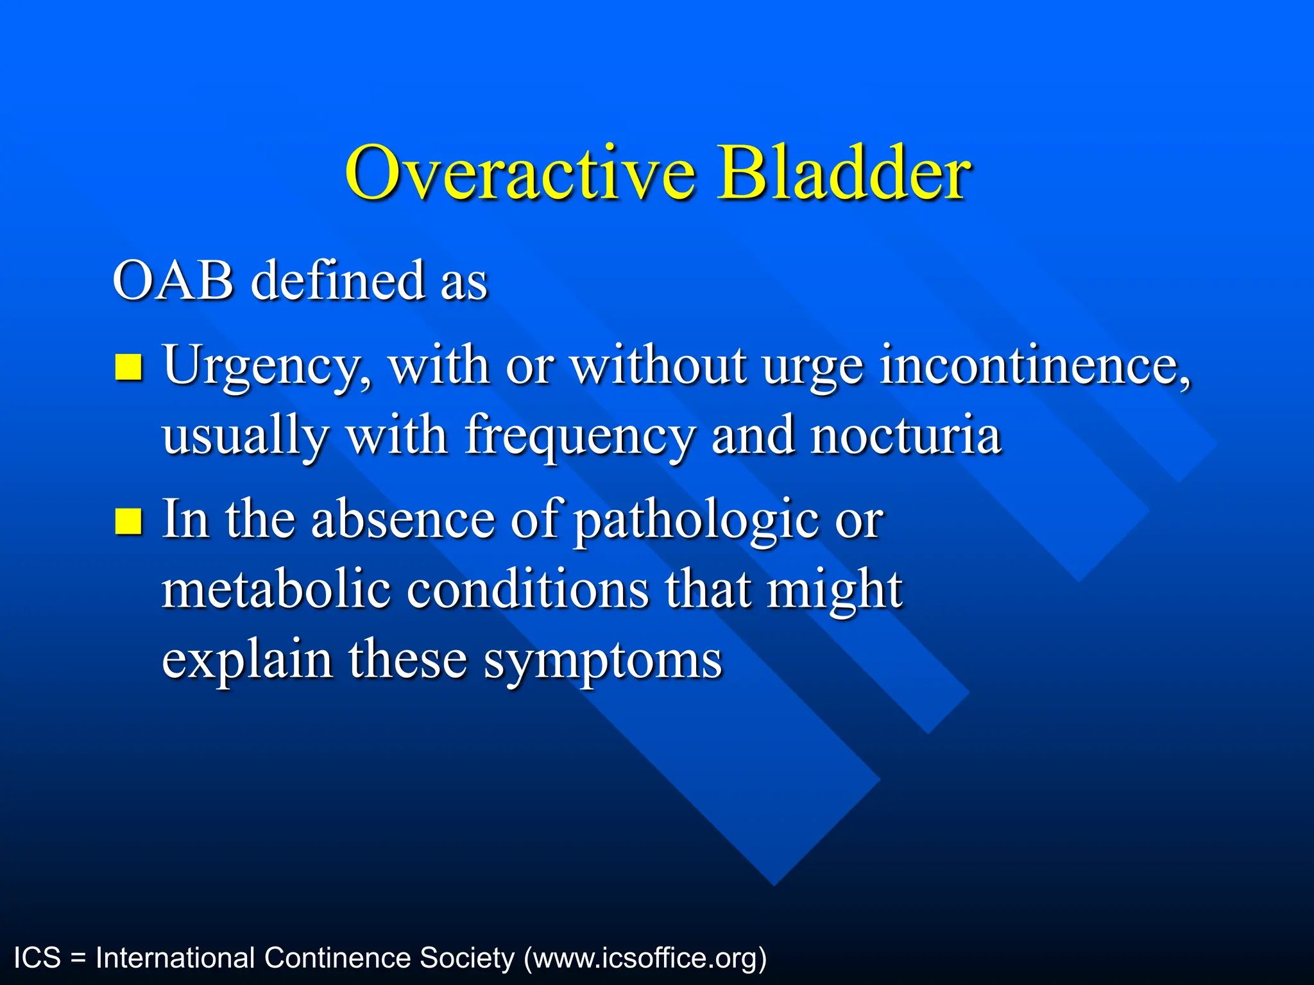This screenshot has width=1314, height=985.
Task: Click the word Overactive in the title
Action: [x=520, y=173]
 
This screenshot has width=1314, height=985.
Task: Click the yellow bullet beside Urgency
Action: [x=128, y=367]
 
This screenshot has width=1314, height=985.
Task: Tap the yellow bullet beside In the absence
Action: [x=128, y=521]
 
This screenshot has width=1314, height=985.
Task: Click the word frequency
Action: [x=579, y=436]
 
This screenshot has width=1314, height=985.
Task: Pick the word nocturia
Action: [x=905, y=436]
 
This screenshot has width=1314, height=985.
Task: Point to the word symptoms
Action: [x=602, y=661]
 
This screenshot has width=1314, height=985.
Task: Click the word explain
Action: [x=247, y=661]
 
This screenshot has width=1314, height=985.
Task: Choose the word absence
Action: [x=403, y=519]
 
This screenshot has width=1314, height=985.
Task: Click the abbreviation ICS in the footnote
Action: [x=37, y=958]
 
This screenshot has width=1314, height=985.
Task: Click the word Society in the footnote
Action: [x=467, y=958]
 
